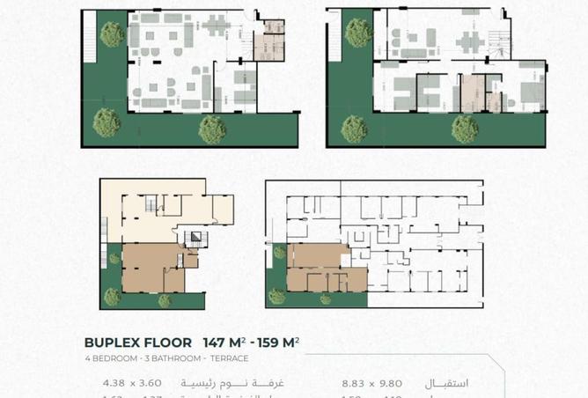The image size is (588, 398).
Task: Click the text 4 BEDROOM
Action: pos(107,358)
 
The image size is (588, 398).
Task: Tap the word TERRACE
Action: pos(229,358)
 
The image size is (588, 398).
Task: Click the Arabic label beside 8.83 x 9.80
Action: pos(446,383)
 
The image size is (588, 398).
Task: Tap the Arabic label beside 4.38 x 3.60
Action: pos(218,383)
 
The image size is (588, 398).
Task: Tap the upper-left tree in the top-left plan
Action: pos(112,34)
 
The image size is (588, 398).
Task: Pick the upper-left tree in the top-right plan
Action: pos(357,33)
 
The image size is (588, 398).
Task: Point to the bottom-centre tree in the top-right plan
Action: pos(464,129)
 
